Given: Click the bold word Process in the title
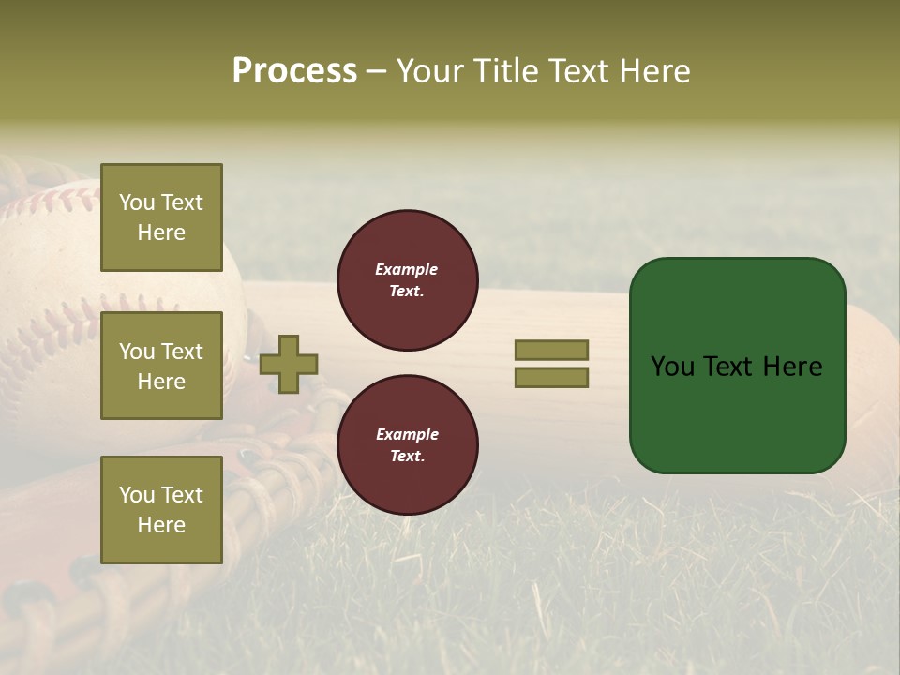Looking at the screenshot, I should [294, 71].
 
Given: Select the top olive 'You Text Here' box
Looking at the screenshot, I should [161, 217].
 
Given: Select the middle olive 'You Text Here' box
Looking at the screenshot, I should [161, 366].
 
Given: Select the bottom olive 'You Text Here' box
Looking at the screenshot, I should [161, 510].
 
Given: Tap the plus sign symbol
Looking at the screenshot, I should [289, 363].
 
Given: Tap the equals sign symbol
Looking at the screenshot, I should [551, 364].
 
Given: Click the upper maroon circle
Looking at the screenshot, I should [407, 280].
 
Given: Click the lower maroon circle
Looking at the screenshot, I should [407, 445].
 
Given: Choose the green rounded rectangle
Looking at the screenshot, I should [737, 366].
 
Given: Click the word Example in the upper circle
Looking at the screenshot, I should [407, 269].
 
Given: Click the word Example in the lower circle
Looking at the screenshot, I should [407, 434].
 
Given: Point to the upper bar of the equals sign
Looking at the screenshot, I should [551, 350].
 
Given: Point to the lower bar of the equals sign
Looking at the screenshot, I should [551, 378].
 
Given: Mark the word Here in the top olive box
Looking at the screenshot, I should [161, 232].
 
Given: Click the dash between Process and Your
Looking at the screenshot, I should [377, 72].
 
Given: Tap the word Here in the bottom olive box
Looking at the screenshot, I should [161, 525].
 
